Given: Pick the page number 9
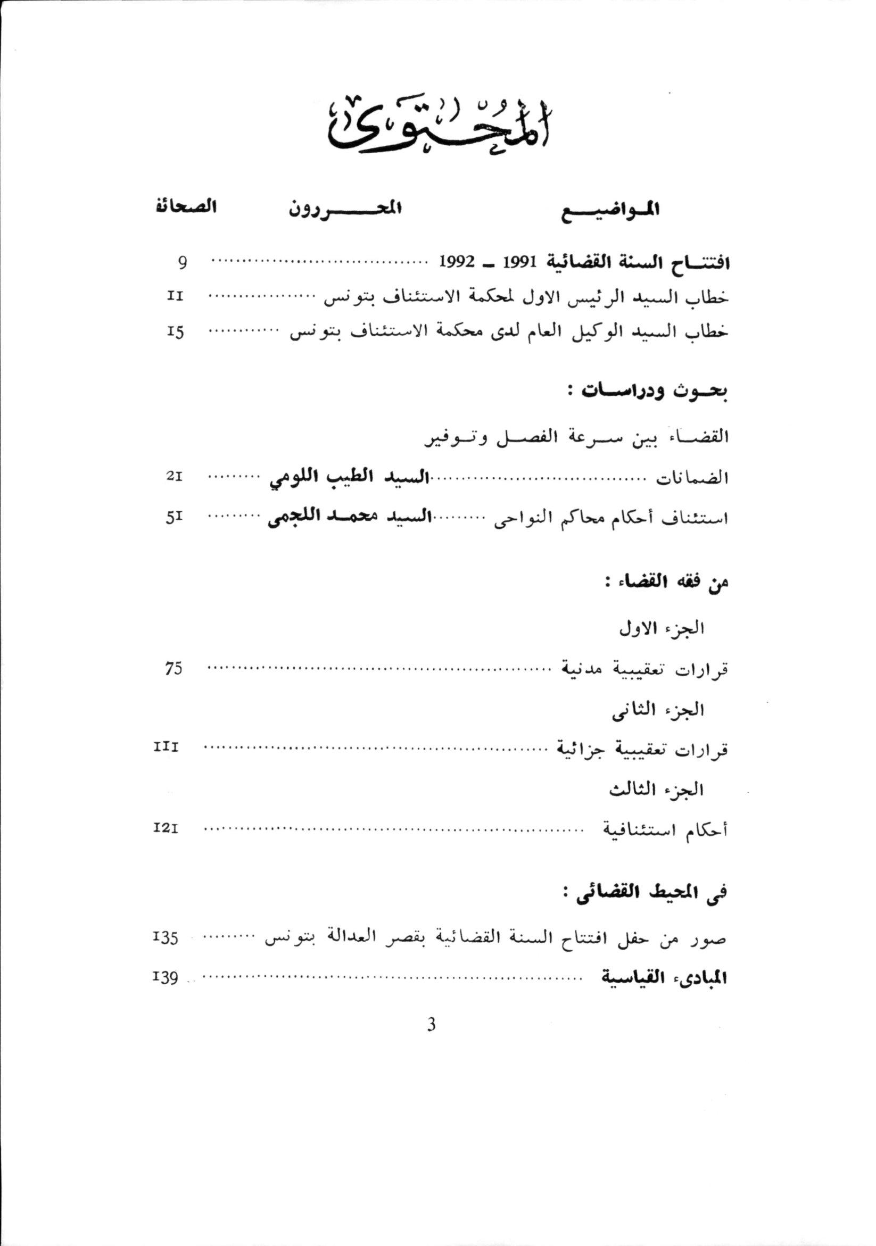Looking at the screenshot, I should tap(183, 263).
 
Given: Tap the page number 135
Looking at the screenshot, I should tap(167, 938).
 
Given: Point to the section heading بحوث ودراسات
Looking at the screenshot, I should tap(655, 392).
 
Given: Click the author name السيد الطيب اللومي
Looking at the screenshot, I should tap(348, 477).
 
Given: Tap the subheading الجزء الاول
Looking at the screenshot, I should tap(662, 628).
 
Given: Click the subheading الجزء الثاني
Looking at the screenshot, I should tap(658, 710).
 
